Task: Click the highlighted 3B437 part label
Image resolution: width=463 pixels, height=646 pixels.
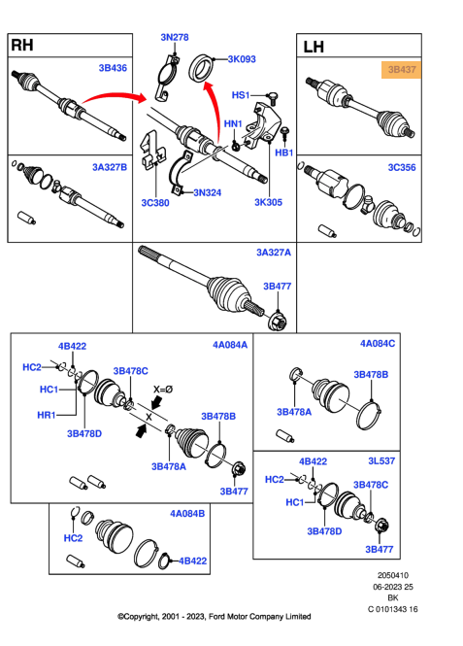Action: tap(401, 70)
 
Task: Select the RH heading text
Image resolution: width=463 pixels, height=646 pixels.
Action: tap(22, 45)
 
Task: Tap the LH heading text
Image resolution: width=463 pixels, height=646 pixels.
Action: tap(314, 47)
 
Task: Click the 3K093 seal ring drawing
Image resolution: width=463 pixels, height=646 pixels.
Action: tap(201, 68)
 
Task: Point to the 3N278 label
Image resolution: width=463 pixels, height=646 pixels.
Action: tap(175, 38)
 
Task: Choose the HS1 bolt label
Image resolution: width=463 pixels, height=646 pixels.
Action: tap(241, 95)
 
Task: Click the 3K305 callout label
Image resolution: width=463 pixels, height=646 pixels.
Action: tap(268, 202)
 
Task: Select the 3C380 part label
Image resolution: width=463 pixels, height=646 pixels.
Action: tap(155, 203)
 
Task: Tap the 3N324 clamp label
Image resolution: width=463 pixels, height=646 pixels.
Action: tap(207, 192)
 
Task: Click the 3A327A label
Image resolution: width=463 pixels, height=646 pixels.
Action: tap(274, 253)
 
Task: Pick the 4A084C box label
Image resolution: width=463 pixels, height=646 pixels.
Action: tap(378, 344)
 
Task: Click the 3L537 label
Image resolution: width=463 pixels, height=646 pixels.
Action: tap(381, 461)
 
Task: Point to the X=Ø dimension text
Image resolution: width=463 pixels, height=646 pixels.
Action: tap(163, 390)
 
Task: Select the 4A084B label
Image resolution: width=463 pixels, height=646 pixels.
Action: tap(187, 514)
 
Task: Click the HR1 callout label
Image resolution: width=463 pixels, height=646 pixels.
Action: tap(46, 415)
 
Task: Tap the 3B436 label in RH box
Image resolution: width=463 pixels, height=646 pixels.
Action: tap(113, 68)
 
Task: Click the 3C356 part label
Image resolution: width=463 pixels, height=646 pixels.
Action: tap(402, 168)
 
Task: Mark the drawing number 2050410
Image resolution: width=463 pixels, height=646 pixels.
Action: tap(393, 575)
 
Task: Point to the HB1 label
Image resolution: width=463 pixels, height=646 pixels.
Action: tap(284, 153)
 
